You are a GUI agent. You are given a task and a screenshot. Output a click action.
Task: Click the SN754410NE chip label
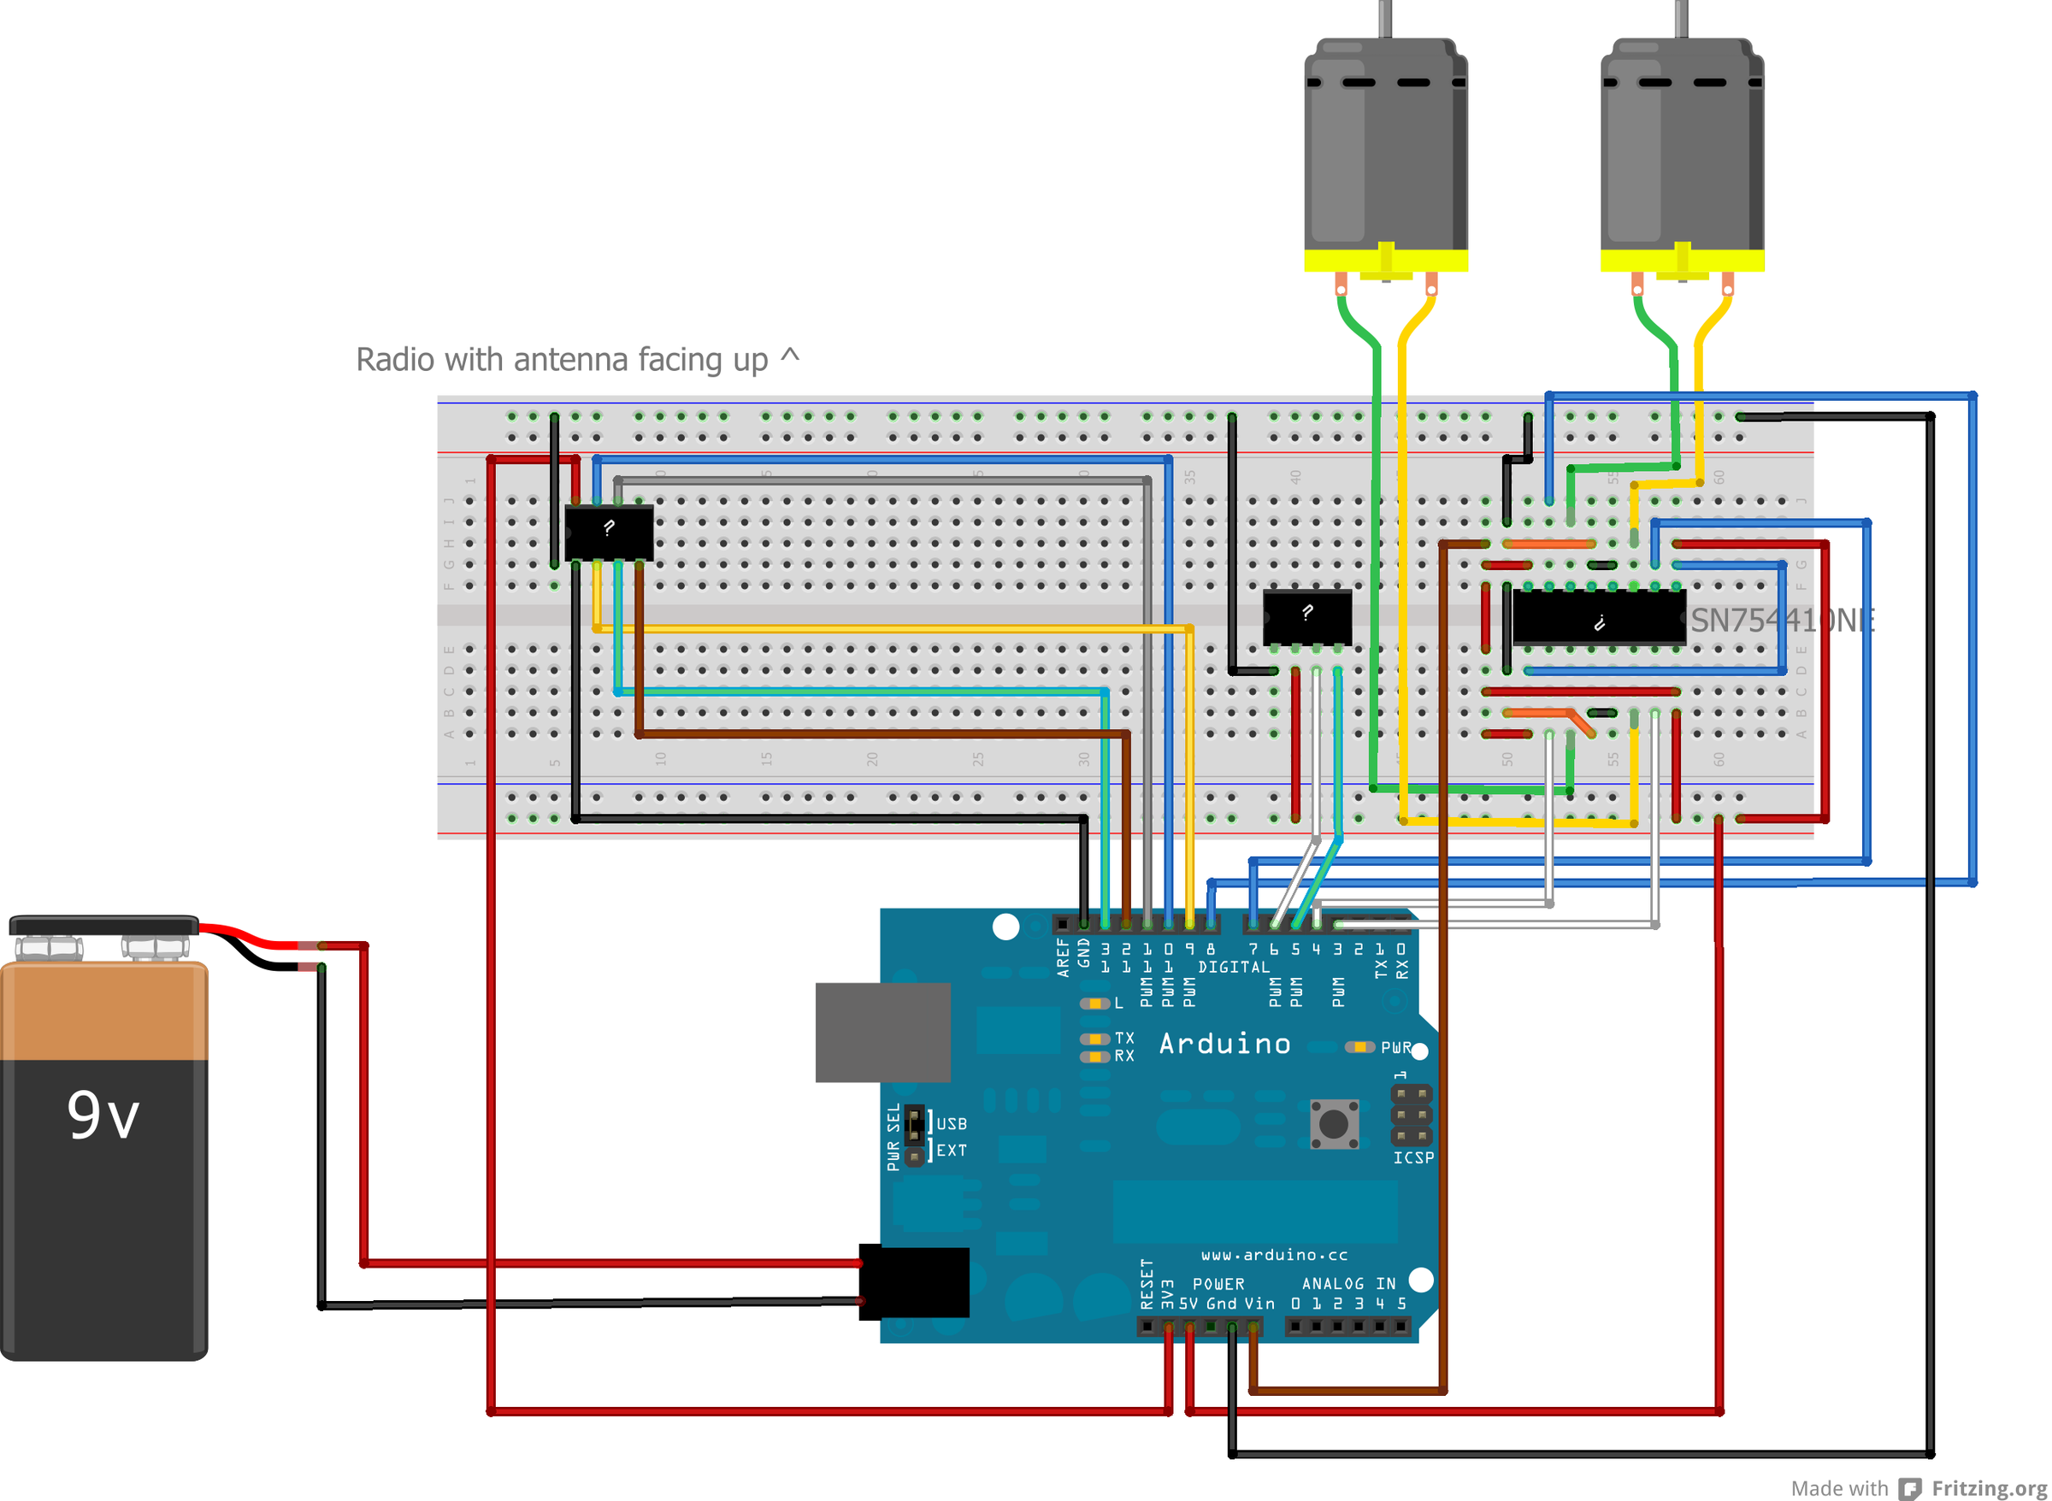pos(1781,621)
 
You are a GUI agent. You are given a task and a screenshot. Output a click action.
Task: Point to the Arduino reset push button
pos(1333,1124)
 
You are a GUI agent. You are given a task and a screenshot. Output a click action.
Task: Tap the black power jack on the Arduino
pos(913,1282)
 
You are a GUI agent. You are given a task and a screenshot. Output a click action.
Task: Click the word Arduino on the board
pos(1224,1044)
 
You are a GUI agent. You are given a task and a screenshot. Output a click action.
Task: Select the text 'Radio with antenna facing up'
pos(562,360)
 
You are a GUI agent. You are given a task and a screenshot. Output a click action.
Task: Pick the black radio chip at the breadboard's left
pos(608,533)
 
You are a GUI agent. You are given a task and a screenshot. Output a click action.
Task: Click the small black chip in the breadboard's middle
pos(1306,617)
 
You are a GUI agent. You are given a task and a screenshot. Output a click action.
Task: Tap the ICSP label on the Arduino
pos(1413,1158)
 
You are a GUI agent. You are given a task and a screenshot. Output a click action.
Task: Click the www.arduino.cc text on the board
pos(1273,1255)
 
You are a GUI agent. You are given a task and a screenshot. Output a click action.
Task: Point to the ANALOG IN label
pos(1347,1284)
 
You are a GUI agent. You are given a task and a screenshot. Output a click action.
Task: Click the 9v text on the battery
pos(103,1115)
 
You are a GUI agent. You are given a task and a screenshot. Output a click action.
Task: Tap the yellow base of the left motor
pos(1385,261)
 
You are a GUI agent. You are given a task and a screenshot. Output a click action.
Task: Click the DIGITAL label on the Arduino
pos(1233,968)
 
